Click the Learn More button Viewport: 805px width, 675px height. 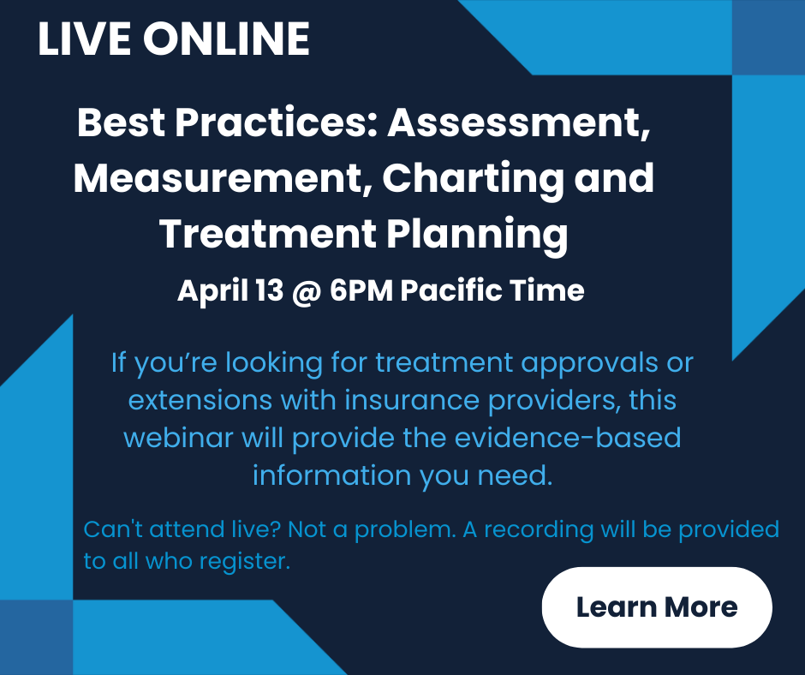657,607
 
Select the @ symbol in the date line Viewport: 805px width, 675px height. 307,291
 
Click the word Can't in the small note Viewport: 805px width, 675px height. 113,529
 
